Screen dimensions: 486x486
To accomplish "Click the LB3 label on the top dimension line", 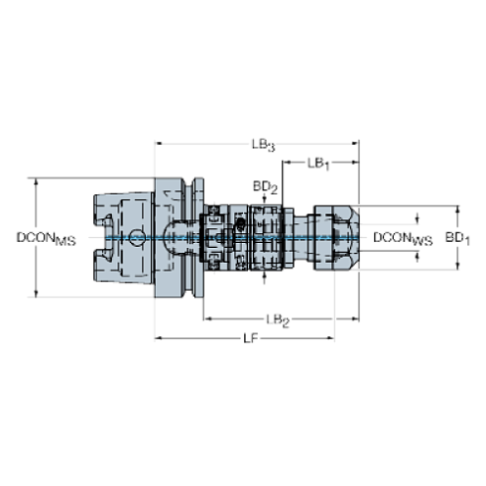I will click(x=262, y=144).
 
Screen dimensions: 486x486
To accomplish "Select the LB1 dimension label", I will click(x=319, y=161).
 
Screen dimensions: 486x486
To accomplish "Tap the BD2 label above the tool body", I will click(x=263, y=185).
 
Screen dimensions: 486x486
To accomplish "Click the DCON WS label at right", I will click(x=402, y=238).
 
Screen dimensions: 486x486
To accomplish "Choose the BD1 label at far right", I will click(x=457, y=238).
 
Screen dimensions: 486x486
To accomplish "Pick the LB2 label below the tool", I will click(x=278, y=319).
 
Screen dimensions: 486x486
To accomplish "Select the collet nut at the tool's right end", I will click(x=335, y=238).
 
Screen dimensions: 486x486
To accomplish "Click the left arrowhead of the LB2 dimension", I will click(x=206, y=319).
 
